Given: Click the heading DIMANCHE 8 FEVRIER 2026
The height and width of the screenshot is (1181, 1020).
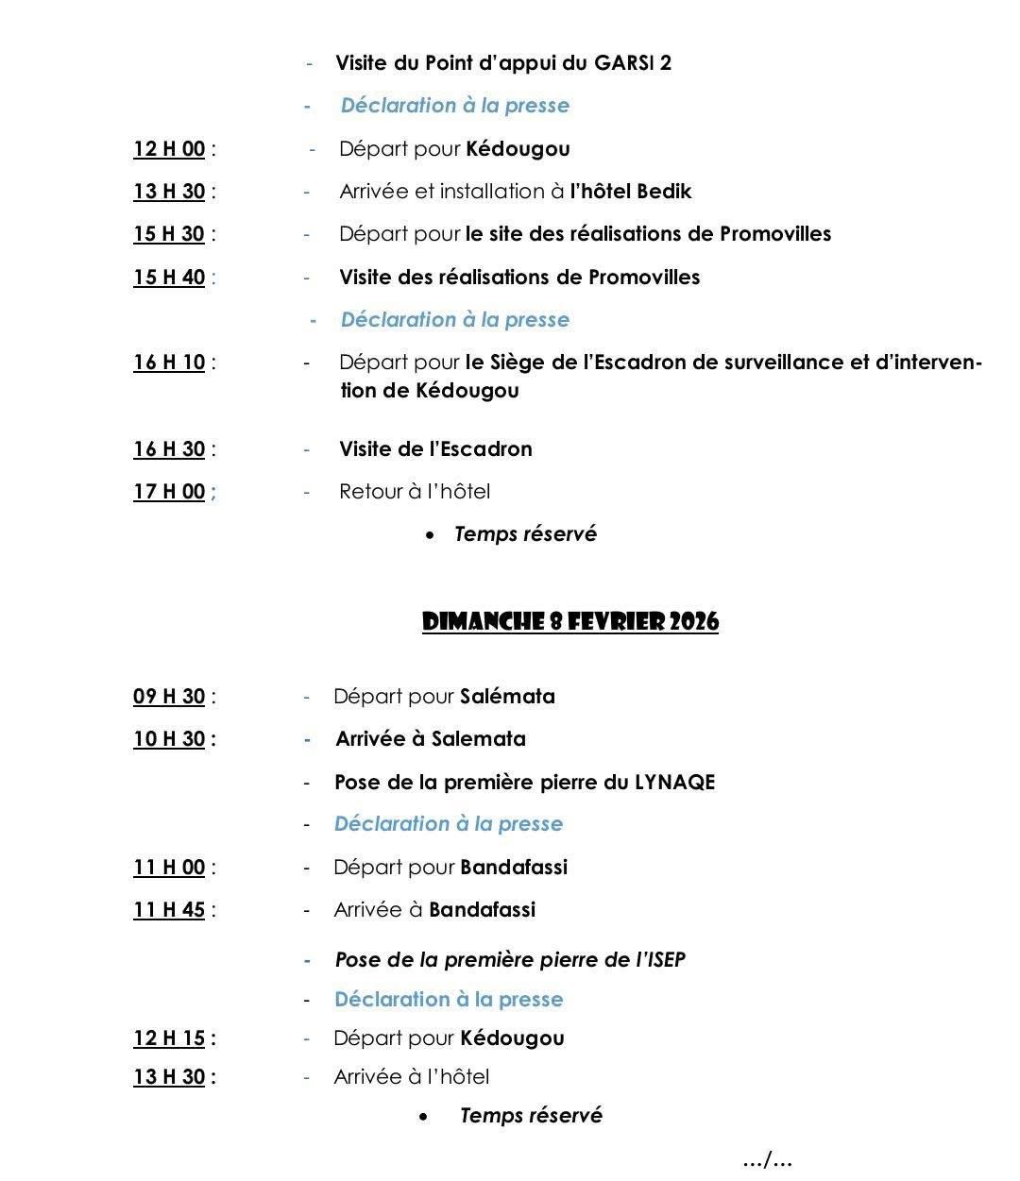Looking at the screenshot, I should click(x=569, y=622).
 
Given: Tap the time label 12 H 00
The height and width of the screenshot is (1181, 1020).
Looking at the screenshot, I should click(x=169, y=148).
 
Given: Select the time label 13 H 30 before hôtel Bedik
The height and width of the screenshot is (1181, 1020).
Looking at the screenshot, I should click(x=169, y=191).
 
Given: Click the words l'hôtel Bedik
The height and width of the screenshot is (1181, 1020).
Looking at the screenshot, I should click(x=630, y=191).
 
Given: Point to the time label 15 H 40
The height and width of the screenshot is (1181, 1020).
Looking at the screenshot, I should click(x=169, y=277).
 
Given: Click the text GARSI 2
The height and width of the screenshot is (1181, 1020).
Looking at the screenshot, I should click(x=633, y=63).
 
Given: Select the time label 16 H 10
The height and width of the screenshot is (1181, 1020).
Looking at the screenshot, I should click(x=169, y=362).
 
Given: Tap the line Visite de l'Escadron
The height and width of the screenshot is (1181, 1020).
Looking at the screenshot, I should click(x=435, y=448).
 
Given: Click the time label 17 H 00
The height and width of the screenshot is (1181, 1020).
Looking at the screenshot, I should click(x=169, y=491).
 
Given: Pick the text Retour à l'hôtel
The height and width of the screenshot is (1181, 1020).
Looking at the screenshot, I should click(x=415, y=491).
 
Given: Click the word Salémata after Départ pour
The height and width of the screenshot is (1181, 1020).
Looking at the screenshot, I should click(x=507, y=696).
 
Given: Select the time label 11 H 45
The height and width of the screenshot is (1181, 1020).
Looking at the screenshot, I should click(x=169, y=909).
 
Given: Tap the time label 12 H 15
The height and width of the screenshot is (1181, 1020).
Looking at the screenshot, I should click(x=169, y=1038).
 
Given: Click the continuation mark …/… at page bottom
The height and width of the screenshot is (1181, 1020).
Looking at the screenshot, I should click(x=767, y=1159).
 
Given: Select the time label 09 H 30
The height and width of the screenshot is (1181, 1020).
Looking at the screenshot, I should click(x=169, y=696).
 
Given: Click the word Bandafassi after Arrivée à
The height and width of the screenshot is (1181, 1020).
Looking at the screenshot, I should click(x=482, y=909).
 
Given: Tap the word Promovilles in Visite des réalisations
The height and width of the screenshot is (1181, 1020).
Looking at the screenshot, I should click(x=644, y=277).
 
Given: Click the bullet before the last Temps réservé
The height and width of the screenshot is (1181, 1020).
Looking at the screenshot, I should click(x=425, y=1117).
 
